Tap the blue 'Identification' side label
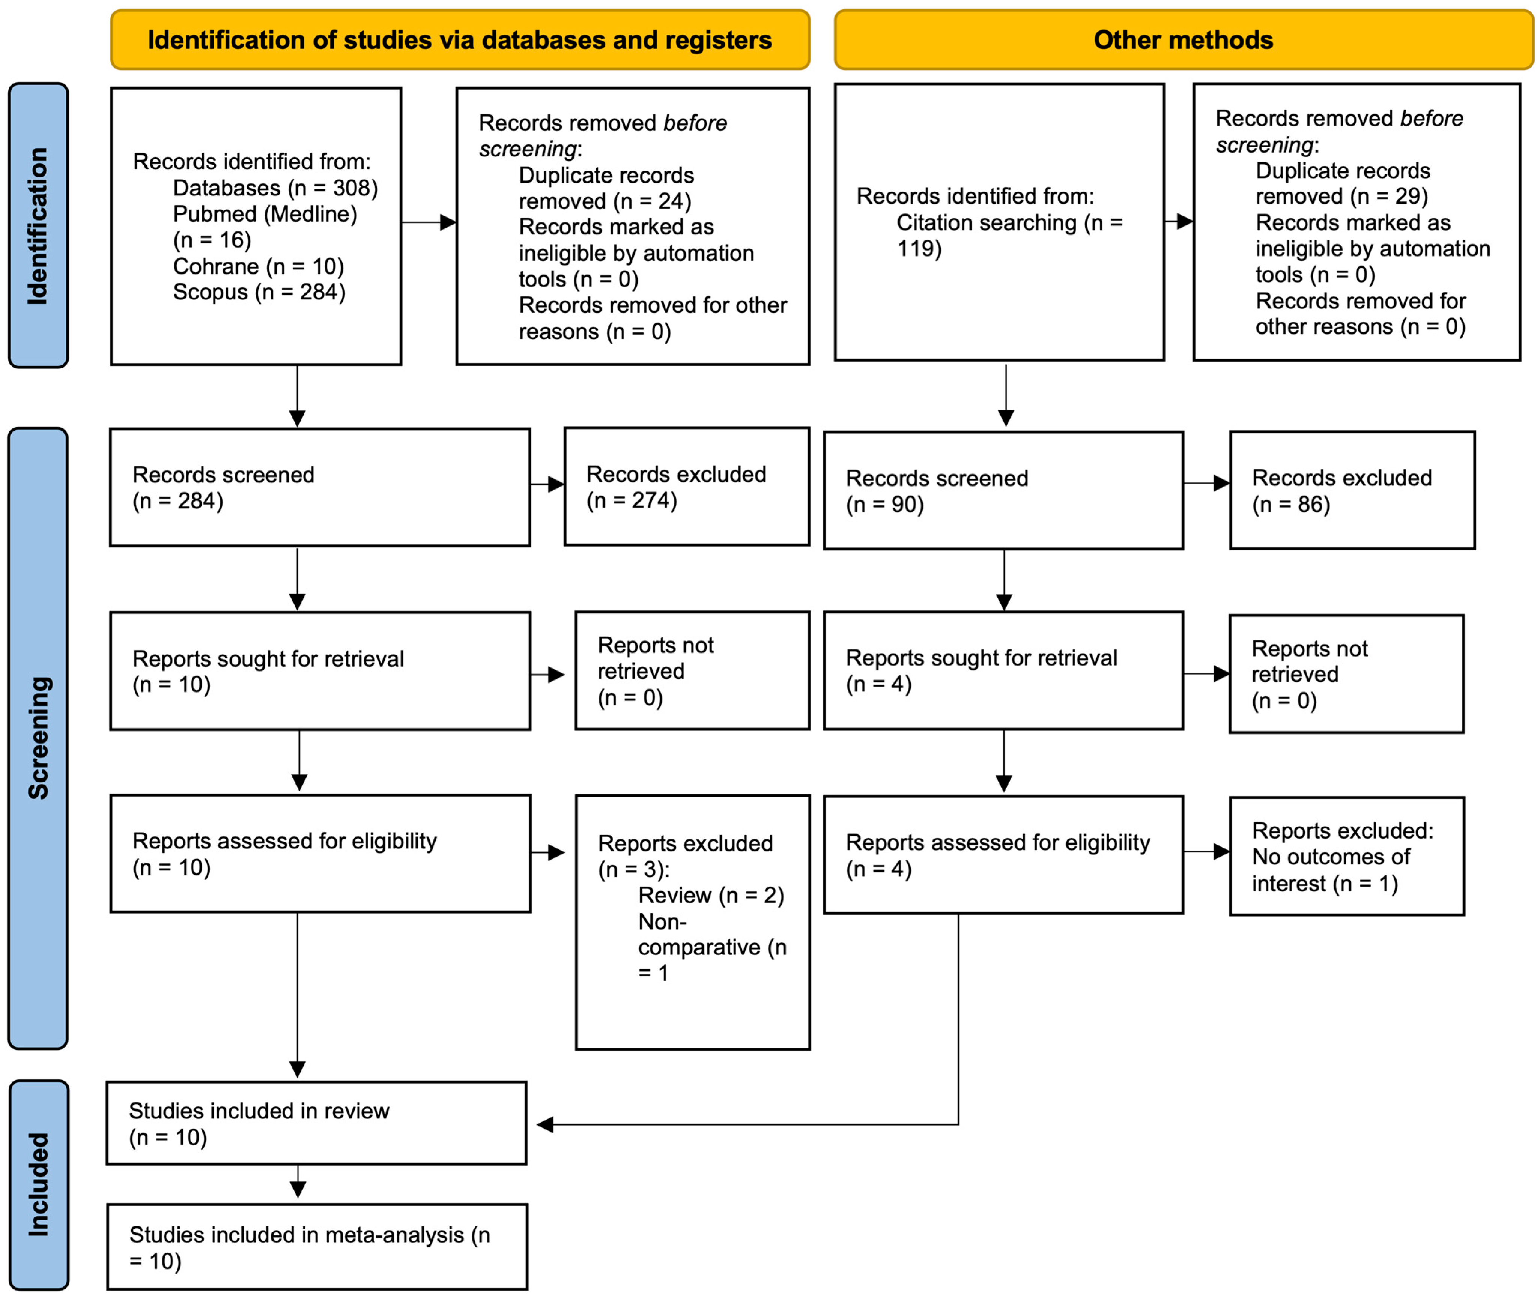(x=38, y=225)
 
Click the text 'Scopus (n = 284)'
(x=259, y=292)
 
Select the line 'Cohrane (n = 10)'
(x=258, y=266)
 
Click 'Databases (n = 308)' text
(x=275, y=188)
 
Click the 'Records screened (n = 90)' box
(x=1003, y=491)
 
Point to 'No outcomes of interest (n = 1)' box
(x=1346, y=856)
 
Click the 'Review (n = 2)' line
(x=711, y=896)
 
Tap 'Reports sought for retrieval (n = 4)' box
(x=1003, y=671)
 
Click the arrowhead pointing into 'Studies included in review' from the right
(x=546, y=1125)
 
